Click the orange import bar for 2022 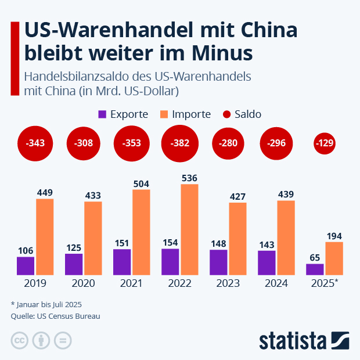tap(189, 229)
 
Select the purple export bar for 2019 tap(26, 265)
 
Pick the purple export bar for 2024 tap(267, 262)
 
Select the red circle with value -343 tap(35, 143)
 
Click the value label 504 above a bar tap(141, 183)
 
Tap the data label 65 tap(314, 257)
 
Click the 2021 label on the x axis tap(132, 284)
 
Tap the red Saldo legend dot tap(226, 114)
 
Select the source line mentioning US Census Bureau tap(55, 316)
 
